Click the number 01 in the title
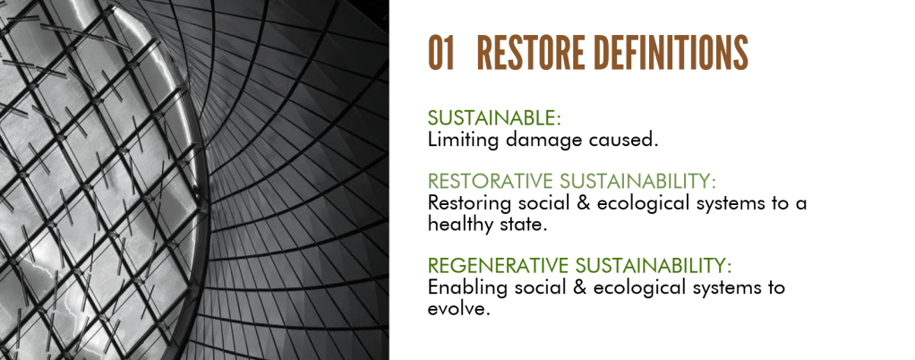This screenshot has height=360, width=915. [x=440, y=53]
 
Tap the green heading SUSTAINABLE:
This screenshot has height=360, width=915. [x=493, y=118]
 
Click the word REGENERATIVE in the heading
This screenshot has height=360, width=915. [x=498, y=265]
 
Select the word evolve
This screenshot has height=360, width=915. [x=457, y=309]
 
